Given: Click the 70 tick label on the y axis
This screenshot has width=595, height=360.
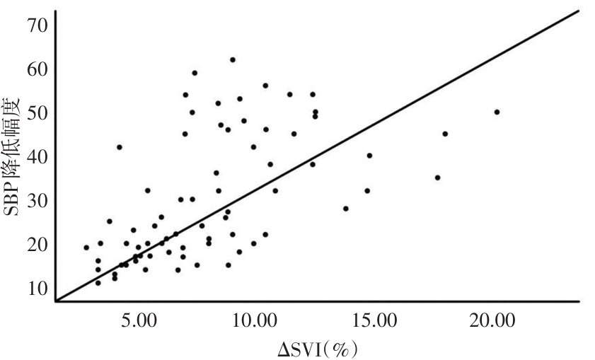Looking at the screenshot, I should pos(37,25).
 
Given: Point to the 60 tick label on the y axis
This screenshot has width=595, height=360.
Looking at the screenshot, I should pos(37,69).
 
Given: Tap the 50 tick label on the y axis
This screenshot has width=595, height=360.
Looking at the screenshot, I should pos(37,113).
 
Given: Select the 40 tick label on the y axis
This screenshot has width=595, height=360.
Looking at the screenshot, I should pos(37,157).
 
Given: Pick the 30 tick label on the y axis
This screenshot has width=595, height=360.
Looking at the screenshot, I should pos(37,201).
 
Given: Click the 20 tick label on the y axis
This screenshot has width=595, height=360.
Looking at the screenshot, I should pos(37,245).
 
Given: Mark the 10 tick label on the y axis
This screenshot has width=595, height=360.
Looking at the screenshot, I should pos(37,288).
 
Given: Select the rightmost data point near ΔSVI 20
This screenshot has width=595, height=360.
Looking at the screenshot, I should pos(497,112).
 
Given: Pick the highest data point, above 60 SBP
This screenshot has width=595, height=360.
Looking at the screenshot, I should pos(232,59).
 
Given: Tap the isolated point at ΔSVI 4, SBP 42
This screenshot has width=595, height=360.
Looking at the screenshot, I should pos(120,147).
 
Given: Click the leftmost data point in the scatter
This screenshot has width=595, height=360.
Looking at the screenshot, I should pos(86,248).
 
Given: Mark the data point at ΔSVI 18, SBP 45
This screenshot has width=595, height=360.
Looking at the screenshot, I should pos(445,134).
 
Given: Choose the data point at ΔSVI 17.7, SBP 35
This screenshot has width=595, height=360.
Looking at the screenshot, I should pos(437,178).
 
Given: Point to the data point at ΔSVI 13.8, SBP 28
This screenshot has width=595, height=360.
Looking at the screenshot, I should pos(346,209).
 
